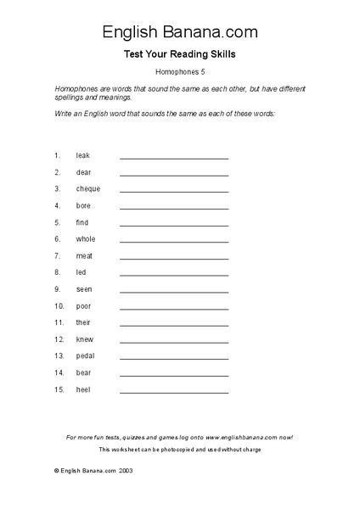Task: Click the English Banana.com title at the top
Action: point(180,32)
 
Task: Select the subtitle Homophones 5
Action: point(180,72)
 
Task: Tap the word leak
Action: point(82,156)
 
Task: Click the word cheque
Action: point(87,189)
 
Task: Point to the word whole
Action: point(86,239)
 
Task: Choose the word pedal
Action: point(85,355)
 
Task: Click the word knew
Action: point(84,339)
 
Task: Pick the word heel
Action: point(82,389)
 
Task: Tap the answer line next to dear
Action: point(174,174)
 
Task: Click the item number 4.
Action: point(58,206)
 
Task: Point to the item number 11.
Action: point(59,322)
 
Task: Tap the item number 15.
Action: point(59,389)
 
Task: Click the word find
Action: point(82,222)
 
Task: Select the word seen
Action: point(84,289)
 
